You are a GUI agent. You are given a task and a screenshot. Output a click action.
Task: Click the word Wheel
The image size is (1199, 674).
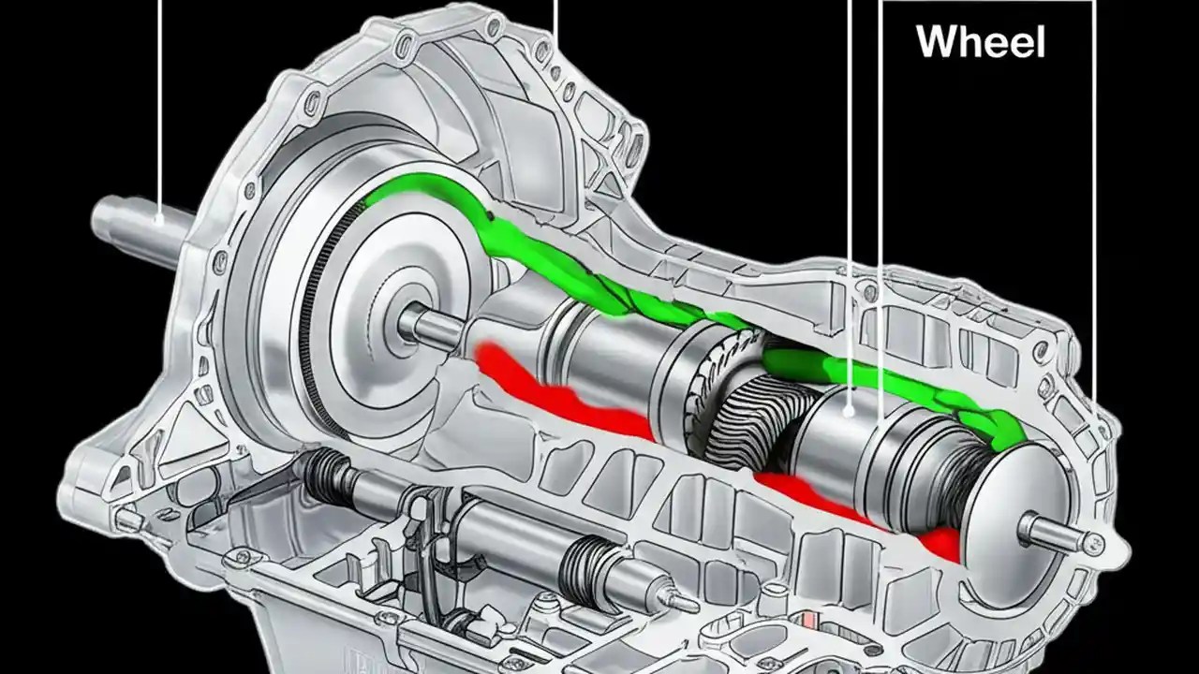tap(980, 42)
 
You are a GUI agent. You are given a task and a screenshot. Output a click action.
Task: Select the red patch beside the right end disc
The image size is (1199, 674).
tap(941, 543)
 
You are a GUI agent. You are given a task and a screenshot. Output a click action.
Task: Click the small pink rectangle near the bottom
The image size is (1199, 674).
tap(807, 621)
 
